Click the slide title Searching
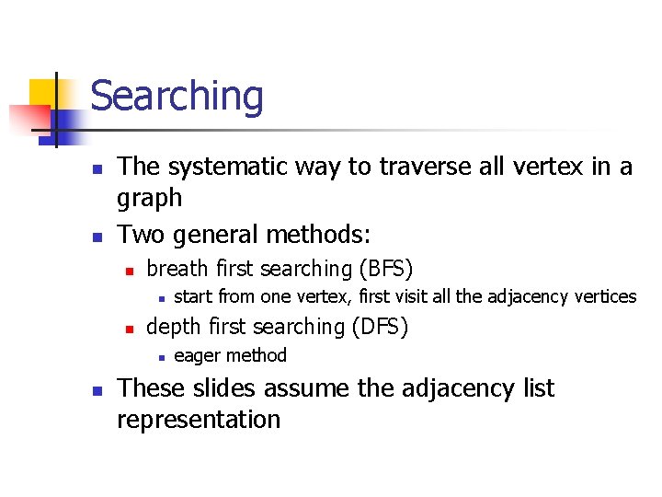(x=177, y=97)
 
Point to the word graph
(x=149, y=198)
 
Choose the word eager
(x=198, y=355)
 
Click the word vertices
(x=604, y=296)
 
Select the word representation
(x=198, y=420)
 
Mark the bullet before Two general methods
(x=96, y=237)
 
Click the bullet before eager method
(x=160, y=357)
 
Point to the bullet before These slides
(x=96, y=390)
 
